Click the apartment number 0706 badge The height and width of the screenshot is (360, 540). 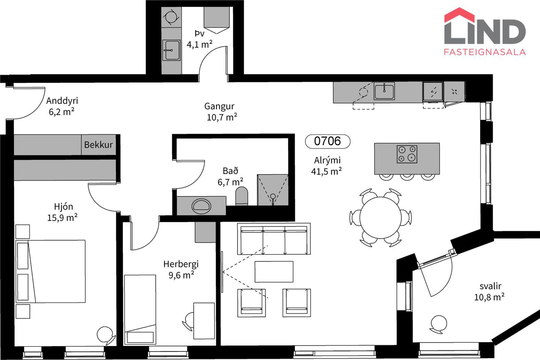[328, 141]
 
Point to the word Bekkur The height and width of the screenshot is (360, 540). [98, 145]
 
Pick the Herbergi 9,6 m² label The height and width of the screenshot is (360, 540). [181, 269]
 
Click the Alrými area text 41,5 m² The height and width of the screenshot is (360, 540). [326, 171]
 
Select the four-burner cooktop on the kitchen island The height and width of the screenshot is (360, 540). [407, 154]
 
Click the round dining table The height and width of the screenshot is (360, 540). [381, 218]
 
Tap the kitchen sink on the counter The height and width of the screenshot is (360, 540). [384, 91]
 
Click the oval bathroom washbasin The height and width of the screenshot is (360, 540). [201, 206]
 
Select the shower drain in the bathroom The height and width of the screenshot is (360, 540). [273, 196]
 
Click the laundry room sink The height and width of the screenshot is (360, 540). [171, 50]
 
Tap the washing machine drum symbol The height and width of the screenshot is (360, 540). [171, 17]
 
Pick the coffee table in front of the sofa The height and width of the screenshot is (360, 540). [274, 272]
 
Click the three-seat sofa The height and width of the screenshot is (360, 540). [274, 239]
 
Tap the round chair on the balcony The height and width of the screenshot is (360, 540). [438, 324]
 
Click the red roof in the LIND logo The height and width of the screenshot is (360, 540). [459, 15]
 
